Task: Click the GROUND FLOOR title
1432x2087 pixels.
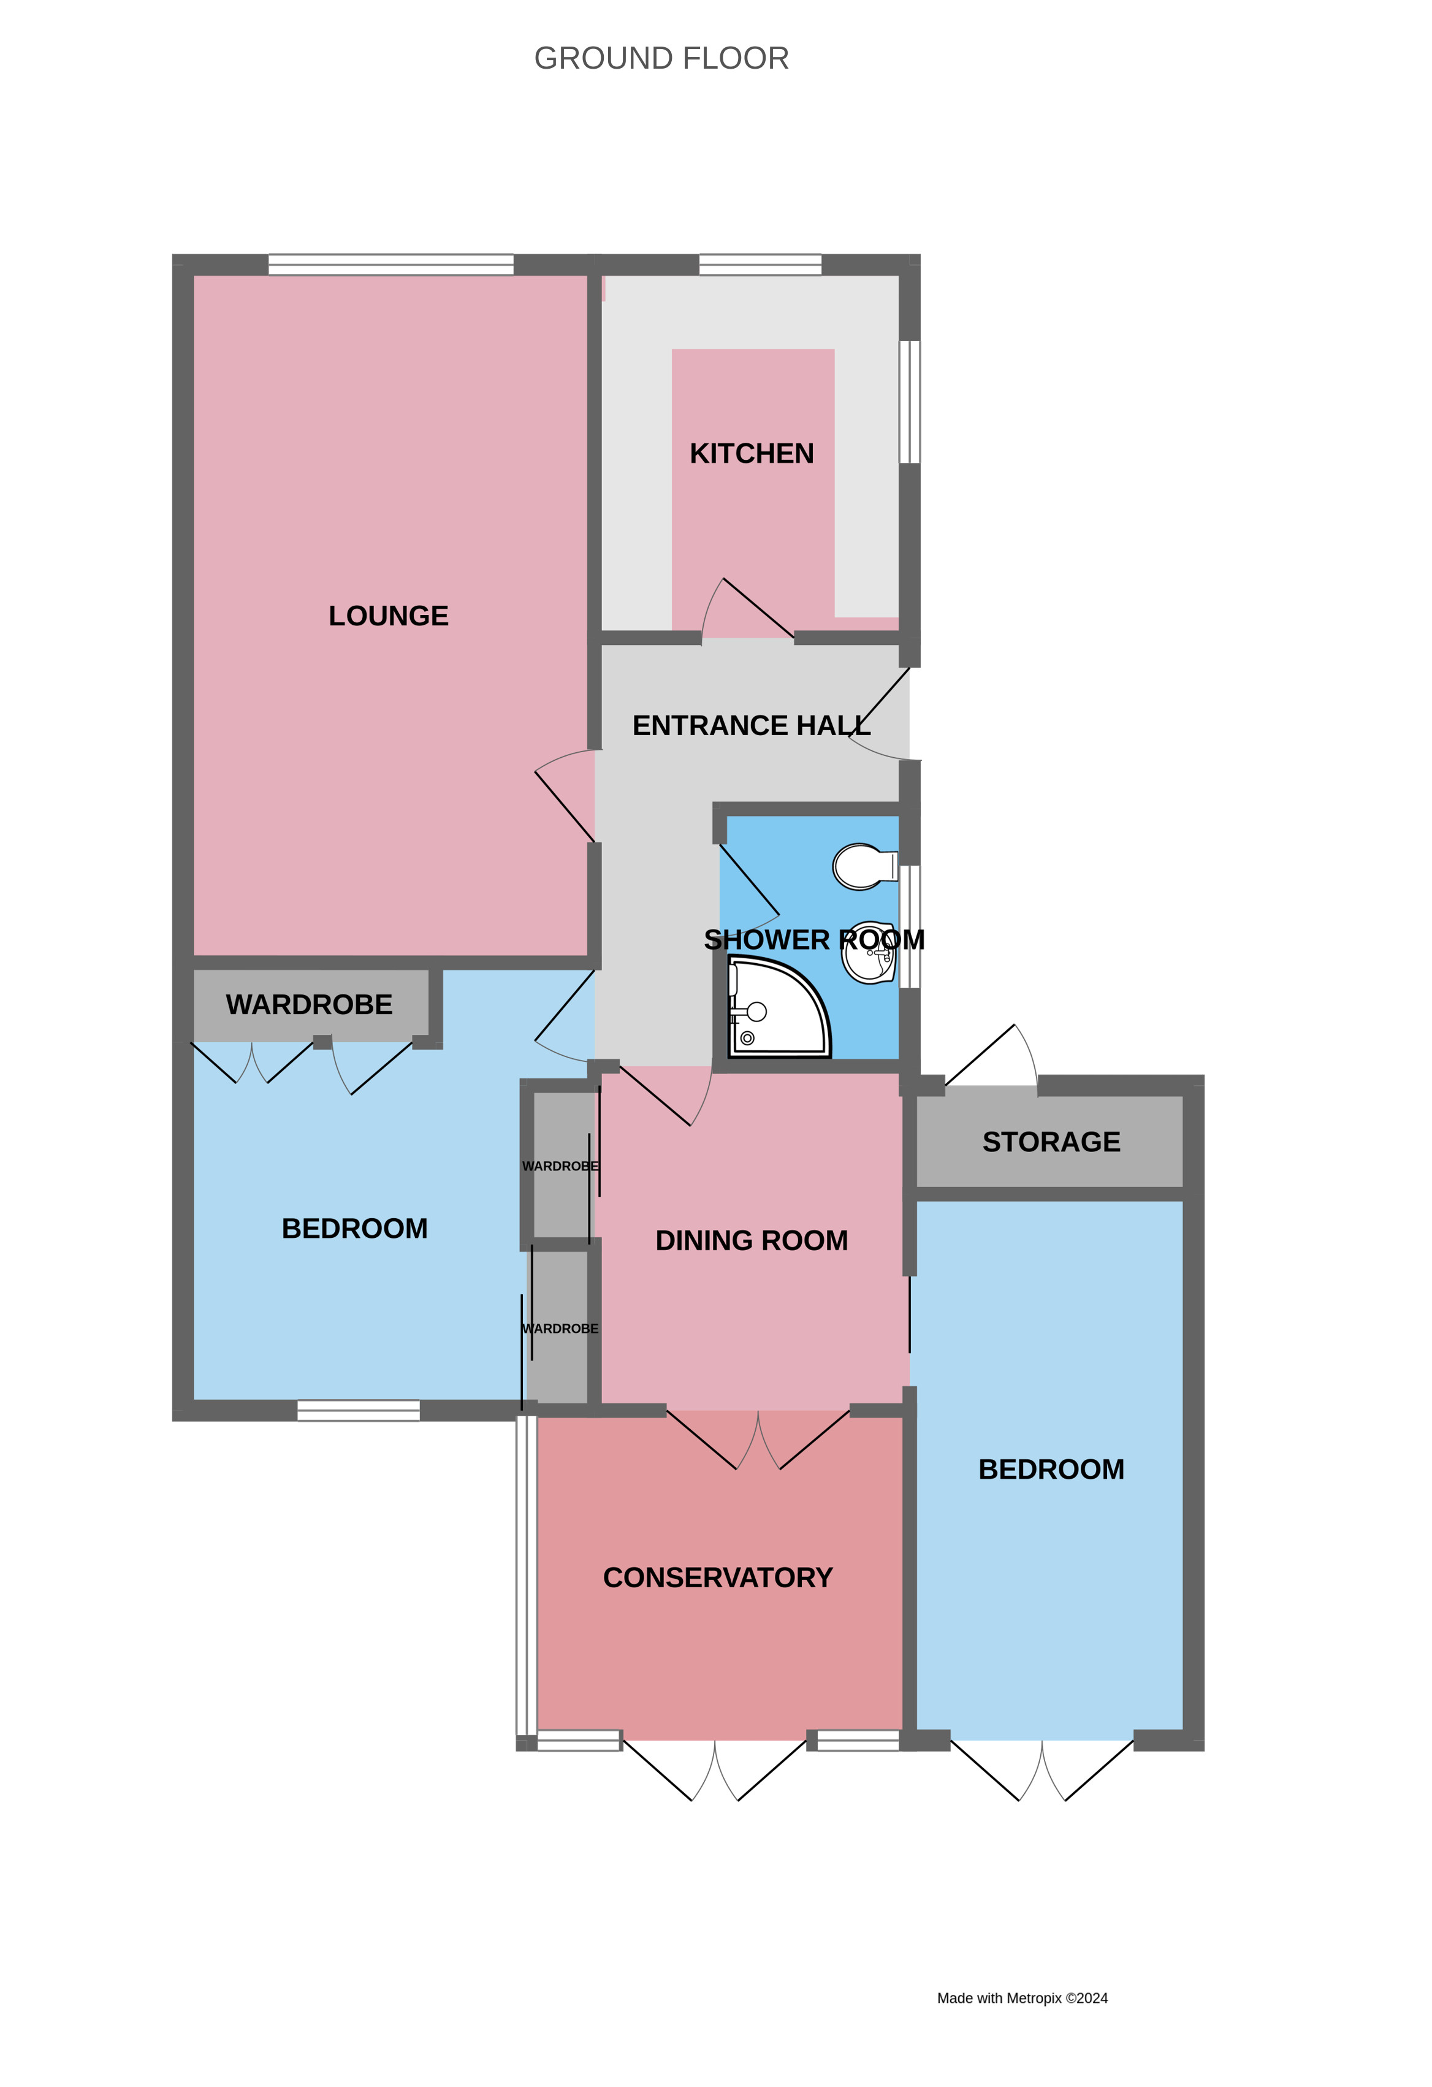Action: tap(661, 58)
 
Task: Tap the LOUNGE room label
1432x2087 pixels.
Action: tap(388, 616)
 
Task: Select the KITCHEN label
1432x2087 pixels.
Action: tap(752, 454)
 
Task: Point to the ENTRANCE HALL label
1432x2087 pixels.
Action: tap(752, 725)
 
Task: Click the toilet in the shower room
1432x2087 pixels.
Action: tap(864, 866)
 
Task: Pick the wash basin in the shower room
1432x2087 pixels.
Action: tap(868, 953)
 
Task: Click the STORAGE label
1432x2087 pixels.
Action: tap(1051, 1142)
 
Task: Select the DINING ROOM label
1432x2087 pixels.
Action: tap(752, 1240)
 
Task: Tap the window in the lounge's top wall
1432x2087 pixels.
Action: tap(390, 264)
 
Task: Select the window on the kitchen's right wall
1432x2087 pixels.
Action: tap(910, 402)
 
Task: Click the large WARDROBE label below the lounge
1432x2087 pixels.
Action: tap(309, 1004)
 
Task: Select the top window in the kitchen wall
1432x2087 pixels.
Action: tap(760, 264)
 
